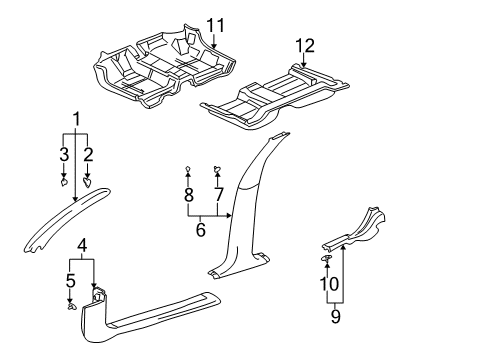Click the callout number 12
[x=304, y=44]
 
